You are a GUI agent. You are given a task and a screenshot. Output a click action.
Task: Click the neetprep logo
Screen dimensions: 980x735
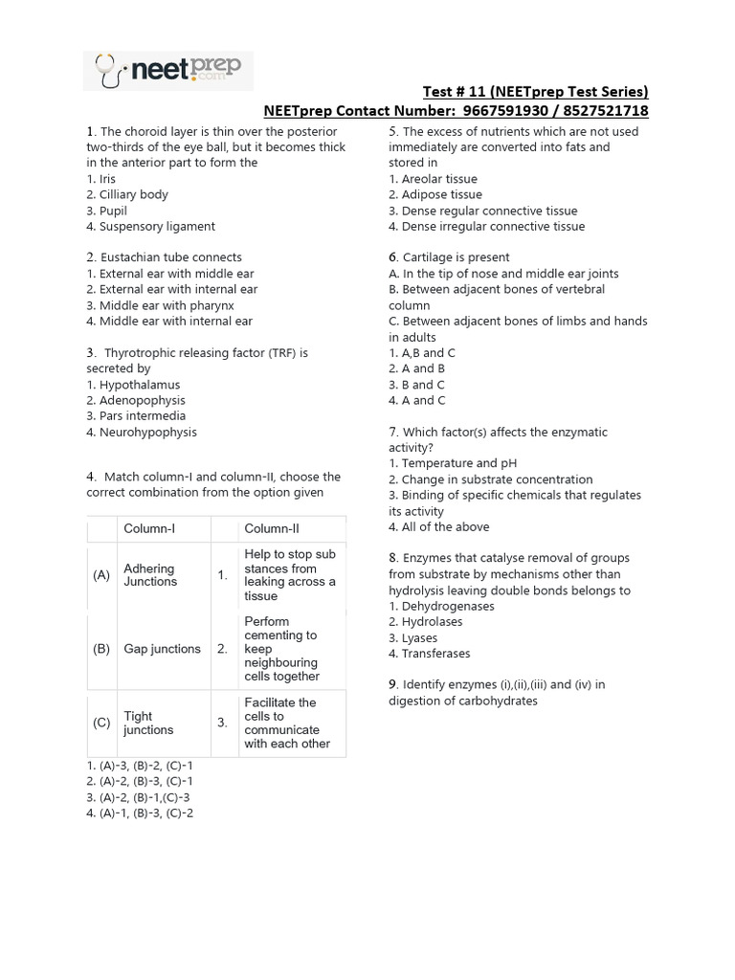point(168,70)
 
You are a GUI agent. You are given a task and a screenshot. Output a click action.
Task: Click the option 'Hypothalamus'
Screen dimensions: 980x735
point(139,385)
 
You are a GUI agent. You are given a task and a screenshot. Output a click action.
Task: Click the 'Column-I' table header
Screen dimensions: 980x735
point(149,529)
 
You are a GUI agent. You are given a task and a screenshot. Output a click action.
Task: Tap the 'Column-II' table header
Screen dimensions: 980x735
point(272,529)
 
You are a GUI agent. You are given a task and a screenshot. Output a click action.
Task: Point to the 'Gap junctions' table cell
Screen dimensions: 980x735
point(162,649)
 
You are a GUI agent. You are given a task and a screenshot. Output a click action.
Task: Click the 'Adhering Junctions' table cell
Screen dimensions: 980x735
point(150,574)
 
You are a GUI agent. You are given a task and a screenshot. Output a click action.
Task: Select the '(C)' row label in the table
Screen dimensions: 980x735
point(101,723)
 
